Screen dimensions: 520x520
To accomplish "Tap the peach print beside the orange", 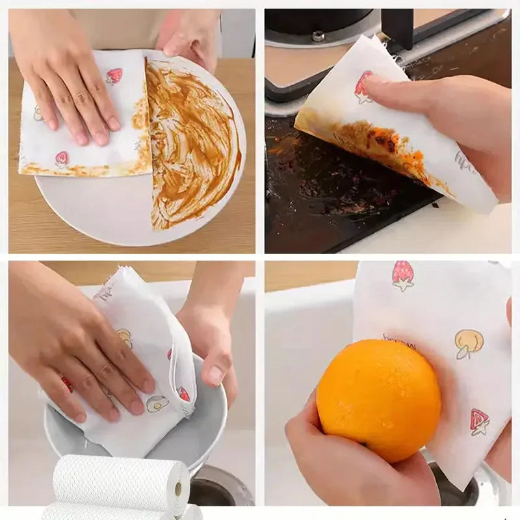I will coord(468,343).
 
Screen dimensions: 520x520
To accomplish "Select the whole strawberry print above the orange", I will coord(403,275).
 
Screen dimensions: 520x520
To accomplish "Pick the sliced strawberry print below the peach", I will coord(480,422).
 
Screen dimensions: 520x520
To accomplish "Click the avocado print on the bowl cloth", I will coord(157,404).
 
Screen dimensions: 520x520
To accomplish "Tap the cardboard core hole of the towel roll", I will coord(178,489).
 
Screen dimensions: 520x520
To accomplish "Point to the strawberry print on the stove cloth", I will coord(362,87).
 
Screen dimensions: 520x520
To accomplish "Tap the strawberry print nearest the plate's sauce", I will coord(114,76).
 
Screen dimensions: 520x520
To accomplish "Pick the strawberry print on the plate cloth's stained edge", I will coord(62,159).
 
